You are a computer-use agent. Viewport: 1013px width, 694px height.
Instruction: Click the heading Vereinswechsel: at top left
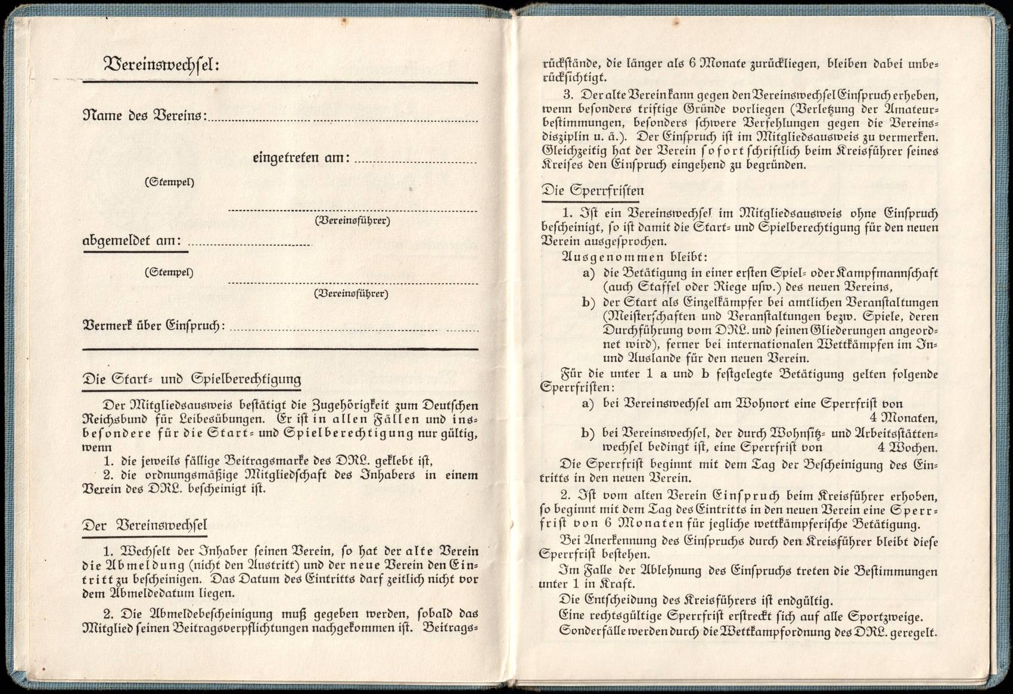click(161, 64)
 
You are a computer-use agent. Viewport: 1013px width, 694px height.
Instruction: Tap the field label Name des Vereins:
click(144, 115)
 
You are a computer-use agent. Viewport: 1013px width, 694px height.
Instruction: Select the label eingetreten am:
click(301, 158)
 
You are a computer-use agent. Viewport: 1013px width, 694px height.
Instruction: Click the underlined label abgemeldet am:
click(132, 241)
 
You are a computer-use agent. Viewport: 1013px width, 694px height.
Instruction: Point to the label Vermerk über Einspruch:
click(154, 326)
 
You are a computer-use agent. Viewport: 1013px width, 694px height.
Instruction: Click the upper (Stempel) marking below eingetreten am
click(169, 182)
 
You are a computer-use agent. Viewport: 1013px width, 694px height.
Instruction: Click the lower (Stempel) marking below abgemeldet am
click(169, 272)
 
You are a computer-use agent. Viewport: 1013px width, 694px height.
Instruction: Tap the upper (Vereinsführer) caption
click(352, 221)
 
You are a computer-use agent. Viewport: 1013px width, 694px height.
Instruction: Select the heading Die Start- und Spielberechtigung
click(191, 379)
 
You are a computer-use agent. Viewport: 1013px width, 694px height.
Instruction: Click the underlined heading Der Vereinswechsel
click(145, 526)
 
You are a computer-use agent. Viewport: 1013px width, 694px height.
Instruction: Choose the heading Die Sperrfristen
click(592, 191)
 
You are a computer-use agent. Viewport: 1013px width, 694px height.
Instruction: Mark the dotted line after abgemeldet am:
click(249, 244)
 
